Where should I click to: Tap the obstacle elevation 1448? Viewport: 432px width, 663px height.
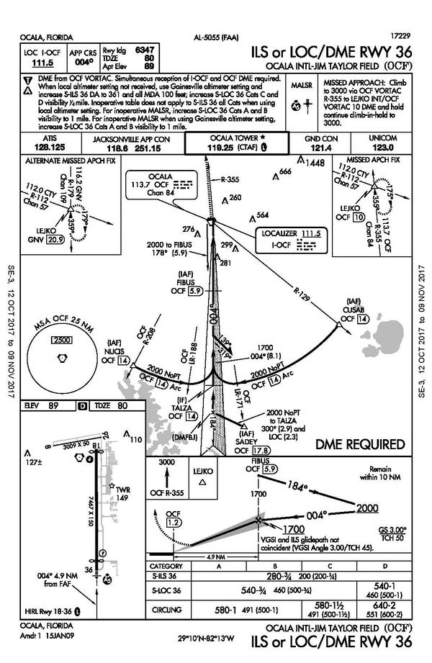tap(315, 163)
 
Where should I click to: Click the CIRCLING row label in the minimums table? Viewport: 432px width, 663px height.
tap(167, 610)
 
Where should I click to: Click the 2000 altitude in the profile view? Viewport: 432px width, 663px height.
tap(367, 508)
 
